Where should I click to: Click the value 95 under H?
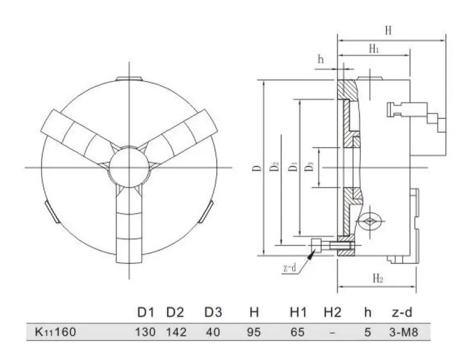click(x=254, y=332)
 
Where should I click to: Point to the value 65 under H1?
click(x=297, y=332)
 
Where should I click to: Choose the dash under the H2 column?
click(x=332, y=332)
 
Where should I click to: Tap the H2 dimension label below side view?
click(x=378, y=278)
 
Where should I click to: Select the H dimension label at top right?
click(x=388, y=31)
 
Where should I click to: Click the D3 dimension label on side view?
click(x=309, y=166)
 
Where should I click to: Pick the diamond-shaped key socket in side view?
click(x=369, y=221)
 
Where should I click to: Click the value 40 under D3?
click(x=213, y=332)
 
